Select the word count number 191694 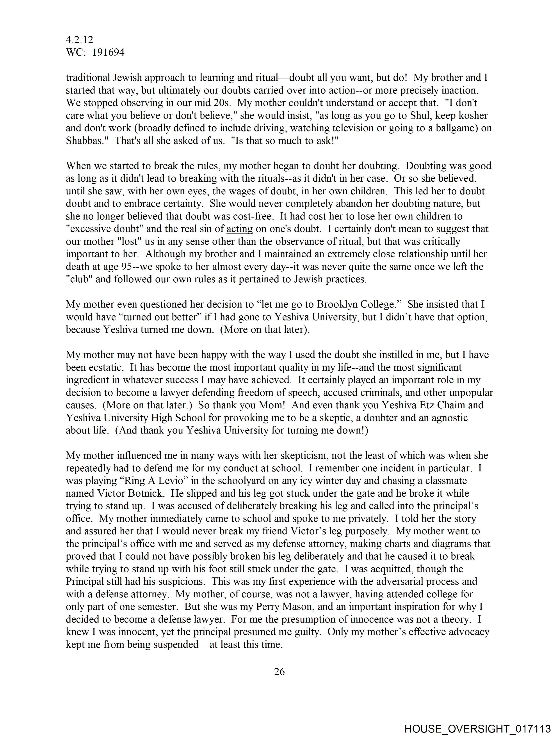tap(108, 52)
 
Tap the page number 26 tap(279, 672)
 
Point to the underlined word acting tap(239, 229)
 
